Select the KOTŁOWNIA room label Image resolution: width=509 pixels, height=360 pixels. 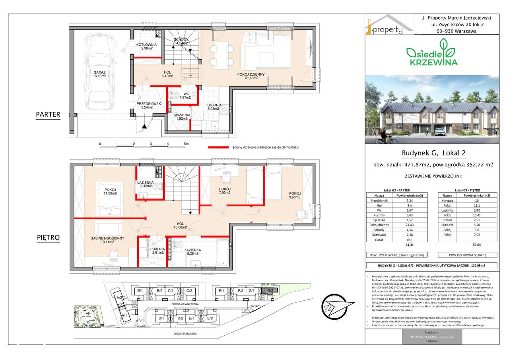coord(146,47)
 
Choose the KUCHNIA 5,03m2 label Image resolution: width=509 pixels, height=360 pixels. coord(214,107)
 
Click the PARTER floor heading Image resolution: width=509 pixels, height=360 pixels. coord(48,115)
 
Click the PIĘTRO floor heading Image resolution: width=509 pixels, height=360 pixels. coord(48,238)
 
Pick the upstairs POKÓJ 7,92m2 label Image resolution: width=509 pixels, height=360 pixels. coord(225,192)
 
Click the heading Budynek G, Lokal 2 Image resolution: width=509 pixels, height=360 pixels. coord(431,153)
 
